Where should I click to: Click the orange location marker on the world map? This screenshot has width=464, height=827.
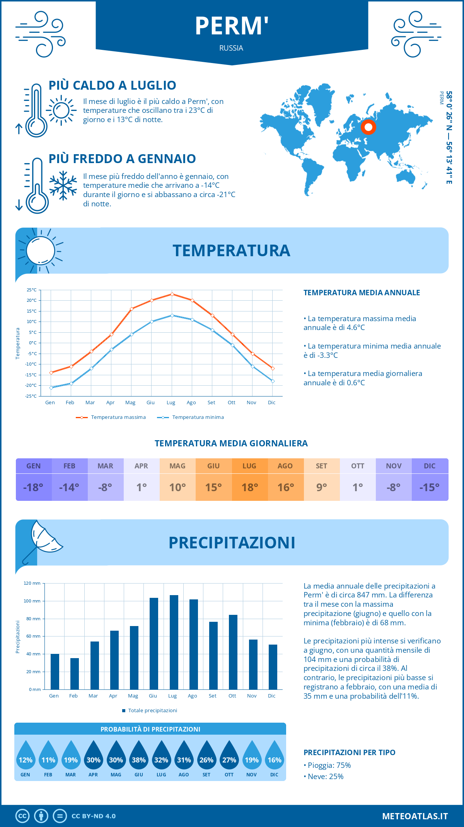pos(368,127)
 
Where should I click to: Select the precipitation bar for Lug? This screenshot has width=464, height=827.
pos(174,642)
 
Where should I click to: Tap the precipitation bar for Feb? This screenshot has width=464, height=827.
pos(75,674)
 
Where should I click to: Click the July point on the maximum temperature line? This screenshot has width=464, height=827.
pos(172,294)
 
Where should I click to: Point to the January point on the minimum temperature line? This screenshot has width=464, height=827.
pos(51,388)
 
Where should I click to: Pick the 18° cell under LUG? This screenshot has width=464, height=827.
pos(249,487)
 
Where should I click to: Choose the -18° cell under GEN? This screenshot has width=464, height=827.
pos(34,487)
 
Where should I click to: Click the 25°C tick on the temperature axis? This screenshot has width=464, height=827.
pos(32,290)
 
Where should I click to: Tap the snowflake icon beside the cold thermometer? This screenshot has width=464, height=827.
pos(63,185)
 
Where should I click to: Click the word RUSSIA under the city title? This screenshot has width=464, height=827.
pos(231,48)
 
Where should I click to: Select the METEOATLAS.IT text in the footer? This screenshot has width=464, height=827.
pos(415,816)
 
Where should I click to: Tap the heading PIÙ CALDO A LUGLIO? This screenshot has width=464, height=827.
pos(113,85)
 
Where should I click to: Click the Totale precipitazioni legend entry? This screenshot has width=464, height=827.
pos(152,710)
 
